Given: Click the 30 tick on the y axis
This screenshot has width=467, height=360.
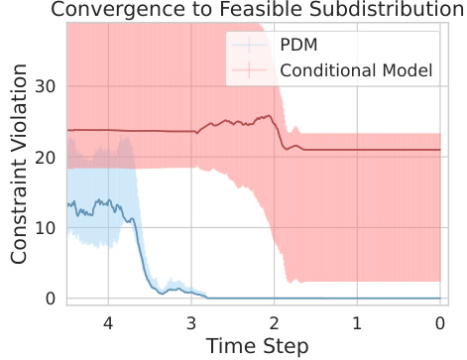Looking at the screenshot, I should (x=46, y=86).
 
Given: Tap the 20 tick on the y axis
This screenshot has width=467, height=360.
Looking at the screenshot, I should (x=46, y=158).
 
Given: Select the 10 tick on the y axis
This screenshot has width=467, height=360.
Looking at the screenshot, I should (x=46, y=228).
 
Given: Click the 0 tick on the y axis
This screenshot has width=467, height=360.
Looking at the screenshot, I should (x=51, y=299).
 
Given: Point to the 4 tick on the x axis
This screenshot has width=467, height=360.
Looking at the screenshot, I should (x=107, y=323).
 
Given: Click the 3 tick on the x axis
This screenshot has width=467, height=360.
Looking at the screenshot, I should (x=190, y=323).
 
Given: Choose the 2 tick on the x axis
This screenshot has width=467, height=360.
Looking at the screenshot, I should (x=274, y=323).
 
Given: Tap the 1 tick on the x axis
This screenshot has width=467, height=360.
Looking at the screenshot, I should (x=357, y=323).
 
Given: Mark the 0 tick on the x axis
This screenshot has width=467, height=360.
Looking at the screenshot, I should (x=439, y=323).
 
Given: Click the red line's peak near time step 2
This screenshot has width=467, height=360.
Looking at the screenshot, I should (x=270, y=116).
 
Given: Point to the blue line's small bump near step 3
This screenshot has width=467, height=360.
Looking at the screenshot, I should (x=176, y=288).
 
